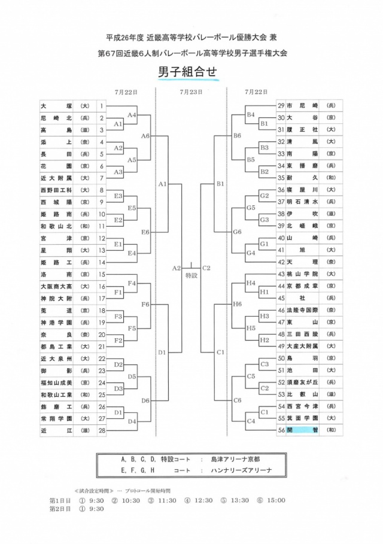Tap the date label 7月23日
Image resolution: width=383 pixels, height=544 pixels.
(190, 93)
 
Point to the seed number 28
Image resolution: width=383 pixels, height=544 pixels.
(102, 430)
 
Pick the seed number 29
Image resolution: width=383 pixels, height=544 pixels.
(281, 106)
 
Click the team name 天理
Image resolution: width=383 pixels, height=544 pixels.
(303, 262)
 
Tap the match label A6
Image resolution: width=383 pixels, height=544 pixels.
(145, 136)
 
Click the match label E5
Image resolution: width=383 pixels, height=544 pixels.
(132, 208)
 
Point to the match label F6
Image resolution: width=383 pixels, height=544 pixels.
(145, 305)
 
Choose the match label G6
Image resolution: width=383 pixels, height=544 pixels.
(237, 232)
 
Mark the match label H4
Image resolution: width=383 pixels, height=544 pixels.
(251, 282)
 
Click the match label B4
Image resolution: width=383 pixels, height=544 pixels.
(251, 114)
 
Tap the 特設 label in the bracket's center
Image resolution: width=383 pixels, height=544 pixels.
(191, 275)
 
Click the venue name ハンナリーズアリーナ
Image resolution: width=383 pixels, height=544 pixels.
(242, 470)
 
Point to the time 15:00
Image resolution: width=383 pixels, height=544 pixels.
(276, 500)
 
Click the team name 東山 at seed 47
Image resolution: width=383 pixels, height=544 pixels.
(303, 322)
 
